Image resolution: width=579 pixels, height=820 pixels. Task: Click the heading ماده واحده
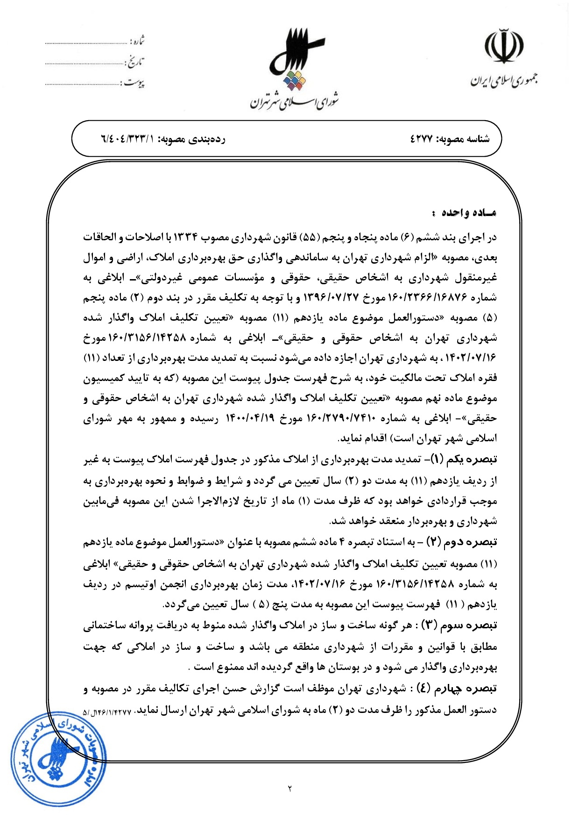pos(464,213)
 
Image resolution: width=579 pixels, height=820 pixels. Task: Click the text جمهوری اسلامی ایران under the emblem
pos(503,80)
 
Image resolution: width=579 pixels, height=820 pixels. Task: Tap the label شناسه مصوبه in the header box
pos(465,139)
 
